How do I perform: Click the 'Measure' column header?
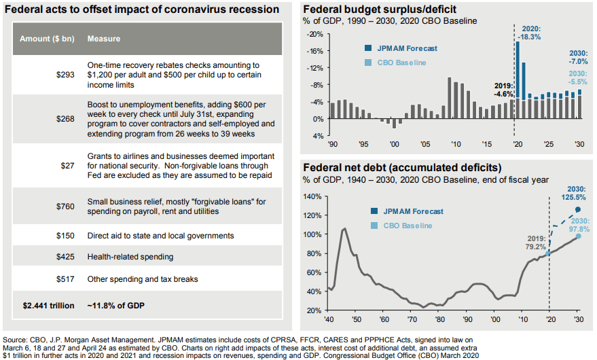point(104,39)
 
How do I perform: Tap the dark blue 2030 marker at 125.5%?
point(577,210)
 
